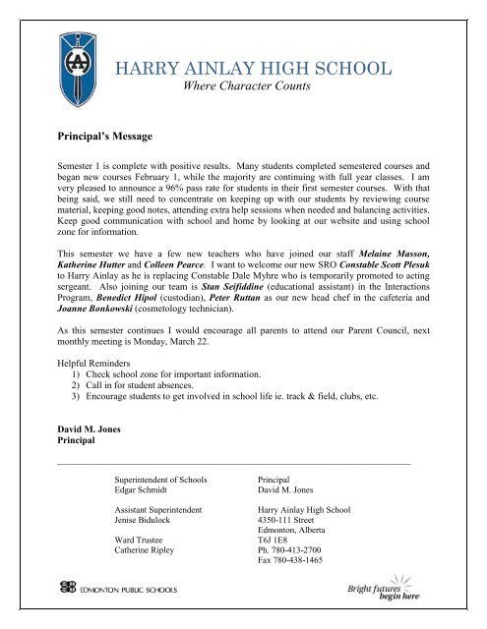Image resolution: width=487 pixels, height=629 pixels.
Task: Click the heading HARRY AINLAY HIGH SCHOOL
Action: click(255, 68)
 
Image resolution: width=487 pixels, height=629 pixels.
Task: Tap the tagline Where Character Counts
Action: click(248, 87)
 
